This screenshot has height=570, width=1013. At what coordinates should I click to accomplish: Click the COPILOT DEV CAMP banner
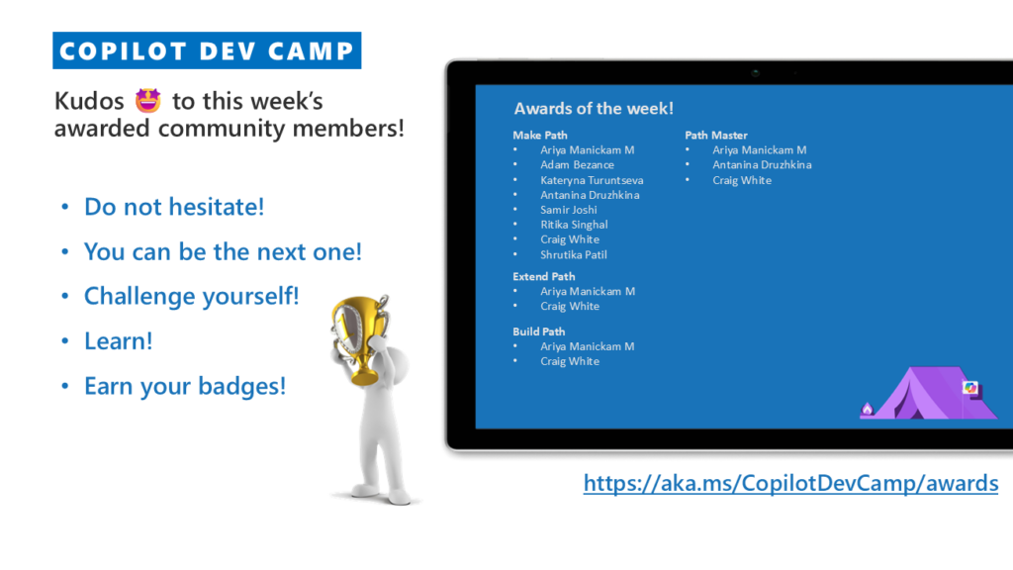(x=207, y=50)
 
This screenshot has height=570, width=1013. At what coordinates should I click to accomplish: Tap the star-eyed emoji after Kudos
(x=148, y=101)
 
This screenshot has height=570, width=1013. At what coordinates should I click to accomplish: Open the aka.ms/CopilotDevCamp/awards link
(x=790, y=483)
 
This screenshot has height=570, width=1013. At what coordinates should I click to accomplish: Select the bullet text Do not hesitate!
(x=174, y=207)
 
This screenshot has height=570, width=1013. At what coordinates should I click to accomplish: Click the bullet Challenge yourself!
(x=191, y=296)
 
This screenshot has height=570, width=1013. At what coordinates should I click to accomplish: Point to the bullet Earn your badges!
(x=185, y=387)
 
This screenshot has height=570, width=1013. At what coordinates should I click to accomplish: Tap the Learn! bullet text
(x=119, y=341)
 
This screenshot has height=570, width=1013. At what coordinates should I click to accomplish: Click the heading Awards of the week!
(x=594, y=109)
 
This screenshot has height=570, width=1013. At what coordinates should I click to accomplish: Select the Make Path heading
(x=540, y=135)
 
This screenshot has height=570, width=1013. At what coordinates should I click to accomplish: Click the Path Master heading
(x=716, y=135)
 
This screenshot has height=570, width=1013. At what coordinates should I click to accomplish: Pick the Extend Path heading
(x=544, y=277)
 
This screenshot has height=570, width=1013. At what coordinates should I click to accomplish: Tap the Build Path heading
(x=539, y=332)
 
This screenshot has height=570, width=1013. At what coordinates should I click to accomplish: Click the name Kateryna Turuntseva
(x=592, y=180)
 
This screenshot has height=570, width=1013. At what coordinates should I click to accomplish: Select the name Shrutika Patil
(x=574, y=254)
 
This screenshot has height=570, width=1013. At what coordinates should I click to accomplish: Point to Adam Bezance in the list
(x=577, y=165)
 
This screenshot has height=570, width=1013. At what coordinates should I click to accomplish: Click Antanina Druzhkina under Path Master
(x=762, y=165)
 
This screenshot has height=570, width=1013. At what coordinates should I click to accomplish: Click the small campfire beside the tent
(x=867, y=409)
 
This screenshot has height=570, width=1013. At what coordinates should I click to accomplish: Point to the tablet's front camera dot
(x=755, y=73)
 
